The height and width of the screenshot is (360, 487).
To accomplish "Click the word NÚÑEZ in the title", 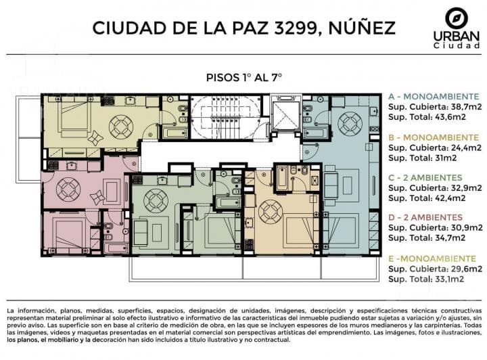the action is (x=361, y=27).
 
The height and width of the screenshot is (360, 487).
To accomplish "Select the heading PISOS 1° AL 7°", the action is (x=243, y=77).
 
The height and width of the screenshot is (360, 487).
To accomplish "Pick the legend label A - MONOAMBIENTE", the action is (x=434, y=97).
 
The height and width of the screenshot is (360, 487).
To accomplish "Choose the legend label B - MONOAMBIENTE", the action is (x=434, y=137).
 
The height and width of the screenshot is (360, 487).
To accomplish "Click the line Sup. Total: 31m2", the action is (x=422, y=158).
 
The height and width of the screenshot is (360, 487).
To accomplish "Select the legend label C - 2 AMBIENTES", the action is (x=425, y=178).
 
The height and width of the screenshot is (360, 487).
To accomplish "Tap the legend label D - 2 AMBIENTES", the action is (x=425, y=217).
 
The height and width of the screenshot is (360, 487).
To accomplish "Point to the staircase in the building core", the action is (x=226, y=117).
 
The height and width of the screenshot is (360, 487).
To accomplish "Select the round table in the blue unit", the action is (x=350, y=123).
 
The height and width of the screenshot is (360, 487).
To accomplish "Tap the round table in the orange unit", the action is (x=271, y=212).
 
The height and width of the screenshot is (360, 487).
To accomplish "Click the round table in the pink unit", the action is (x=68, y=189).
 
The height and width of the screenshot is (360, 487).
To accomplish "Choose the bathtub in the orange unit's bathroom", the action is (x=282, y=179).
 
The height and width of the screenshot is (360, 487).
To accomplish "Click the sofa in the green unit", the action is (x=141, y=233).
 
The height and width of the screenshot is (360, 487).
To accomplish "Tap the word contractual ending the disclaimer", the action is (x=272, y=340).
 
